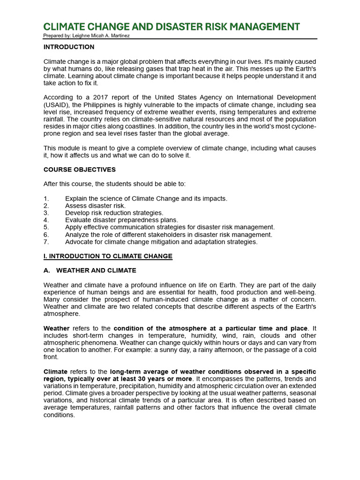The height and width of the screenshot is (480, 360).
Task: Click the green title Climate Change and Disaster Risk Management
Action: coord(171,27)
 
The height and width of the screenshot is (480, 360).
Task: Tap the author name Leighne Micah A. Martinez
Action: coord(107,36)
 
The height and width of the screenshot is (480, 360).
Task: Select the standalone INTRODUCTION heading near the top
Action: coord(69,47)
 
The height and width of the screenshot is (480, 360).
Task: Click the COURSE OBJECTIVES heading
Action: coord(80,169)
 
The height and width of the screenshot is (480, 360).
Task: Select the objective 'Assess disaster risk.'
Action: coord(95,206)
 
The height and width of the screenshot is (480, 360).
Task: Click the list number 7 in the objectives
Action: coord(45,242)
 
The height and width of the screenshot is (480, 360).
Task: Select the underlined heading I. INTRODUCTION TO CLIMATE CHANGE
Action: coord(108,256)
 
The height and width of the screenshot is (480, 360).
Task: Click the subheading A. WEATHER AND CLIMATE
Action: coord(90,270)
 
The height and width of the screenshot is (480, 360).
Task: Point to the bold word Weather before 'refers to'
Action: coord(57,328)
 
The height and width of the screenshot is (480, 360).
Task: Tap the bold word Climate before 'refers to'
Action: coord(56,372)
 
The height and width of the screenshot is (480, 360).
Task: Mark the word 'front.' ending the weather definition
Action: coord(51,357)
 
